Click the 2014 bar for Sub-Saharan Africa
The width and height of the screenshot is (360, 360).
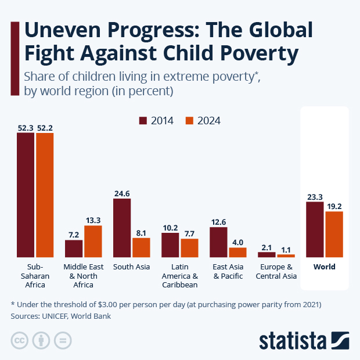pos(25,195)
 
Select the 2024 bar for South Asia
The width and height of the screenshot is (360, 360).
pos(141,247)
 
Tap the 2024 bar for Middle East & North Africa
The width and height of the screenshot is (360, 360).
pos(93,241)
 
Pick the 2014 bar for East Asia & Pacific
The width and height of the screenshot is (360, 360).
pos(218,242)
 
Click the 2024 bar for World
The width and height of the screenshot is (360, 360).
pos(334,234)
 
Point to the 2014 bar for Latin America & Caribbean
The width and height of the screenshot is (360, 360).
pos(170,245)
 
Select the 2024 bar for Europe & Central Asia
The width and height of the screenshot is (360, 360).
pos(286,255)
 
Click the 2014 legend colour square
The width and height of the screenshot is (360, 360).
pos(143,121)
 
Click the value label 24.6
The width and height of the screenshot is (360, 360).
pos(122,193)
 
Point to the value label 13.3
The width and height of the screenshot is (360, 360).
pos(93,220)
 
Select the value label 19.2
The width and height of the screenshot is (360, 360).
pos(334,206)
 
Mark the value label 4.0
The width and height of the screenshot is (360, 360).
pos(237,242)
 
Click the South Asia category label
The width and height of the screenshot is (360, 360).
pos(131,267)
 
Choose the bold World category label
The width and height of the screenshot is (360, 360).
pos(324,267)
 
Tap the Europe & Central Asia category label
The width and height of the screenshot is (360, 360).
pos(276,272)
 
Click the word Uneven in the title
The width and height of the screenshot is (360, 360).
pos(64,30)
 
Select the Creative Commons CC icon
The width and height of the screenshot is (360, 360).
pos(20,340)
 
